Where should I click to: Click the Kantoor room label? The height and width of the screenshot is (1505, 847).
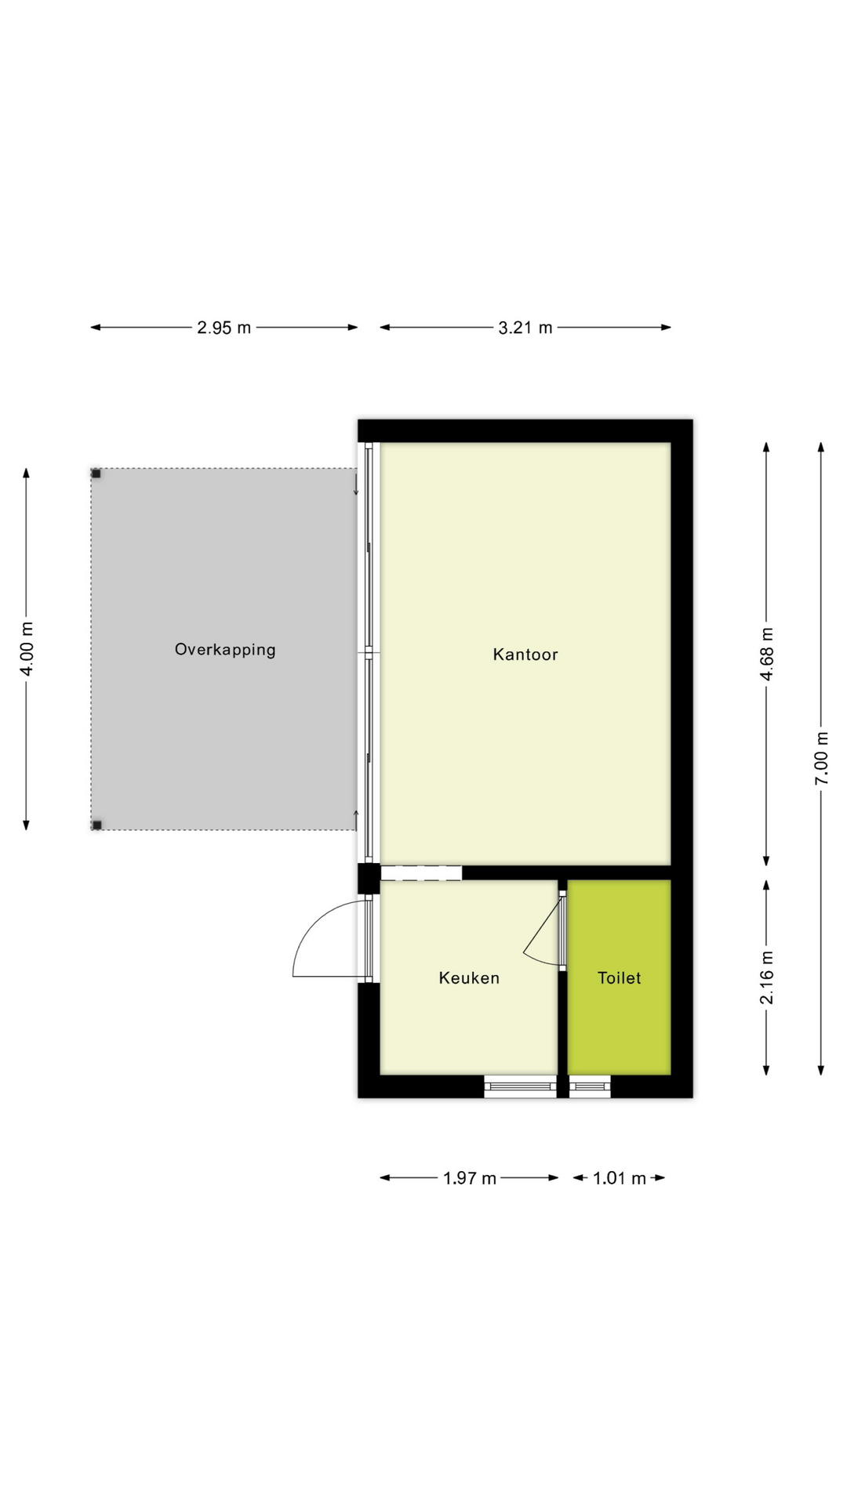tap(525, 655)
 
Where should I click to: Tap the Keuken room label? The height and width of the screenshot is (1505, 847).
tap(469, 978)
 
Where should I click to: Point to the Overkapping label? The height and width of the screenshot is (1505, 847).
tap(225, 650)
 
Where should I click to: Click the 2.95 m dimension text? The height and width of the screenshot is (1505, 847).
tap(224, 328)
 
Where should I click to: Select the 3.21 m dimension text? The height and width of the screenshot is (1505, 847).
tap(525, 328)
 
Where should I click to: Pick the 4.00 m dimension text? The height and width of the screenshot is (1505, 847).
tap(27, 648)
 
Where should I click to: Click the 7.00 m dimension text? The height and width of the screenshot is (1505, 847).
tap(821, 758)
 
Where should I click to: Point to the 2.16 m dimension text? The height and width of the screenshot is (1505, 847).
tap(767, 977)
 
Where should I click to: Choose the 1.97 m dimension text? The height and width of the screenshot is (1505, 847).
tap(469, 1178)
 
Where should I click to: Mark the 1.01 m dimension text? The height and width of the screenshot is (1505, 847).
tap(619, 1178)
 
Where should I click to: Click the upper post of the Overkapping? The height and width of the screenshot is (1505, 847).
tap(96, 473)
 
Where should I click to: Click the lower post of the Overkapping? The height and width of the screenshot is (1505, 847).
tap(97, 825)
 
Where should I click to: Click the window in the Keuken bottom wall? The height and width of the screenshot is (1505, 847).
tap(520, 1086)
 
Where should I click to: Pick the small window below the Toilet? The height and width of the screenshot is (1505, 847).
tap(590, 1086)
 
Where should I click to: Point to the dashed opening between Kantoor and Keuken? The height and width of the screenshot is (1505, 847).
tap(421, 873)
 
